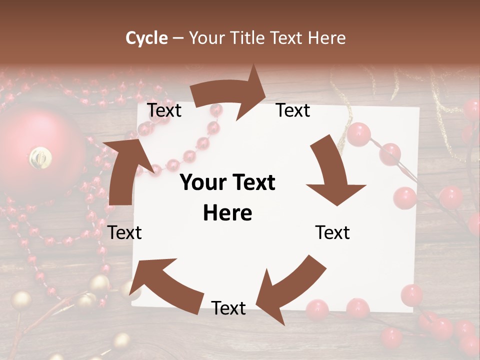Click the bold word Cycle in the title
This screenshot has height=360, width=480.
[146, 38]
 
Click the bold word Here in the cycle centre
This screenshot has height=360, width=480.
[227, 213]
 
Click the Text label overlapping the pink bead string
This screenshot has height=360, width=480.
[164, 110]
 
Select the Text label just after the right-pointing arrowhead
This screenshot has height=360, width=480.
[293, 110]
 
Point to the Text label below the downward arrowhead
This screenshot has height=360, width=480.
[332, 232]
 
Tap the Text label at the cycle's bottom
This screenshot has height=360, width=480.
[228, 308]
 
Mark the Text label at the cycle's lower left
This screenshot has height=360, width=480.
[124, 232]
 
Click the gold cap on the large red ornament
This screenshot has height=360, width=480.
[40, 157]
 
